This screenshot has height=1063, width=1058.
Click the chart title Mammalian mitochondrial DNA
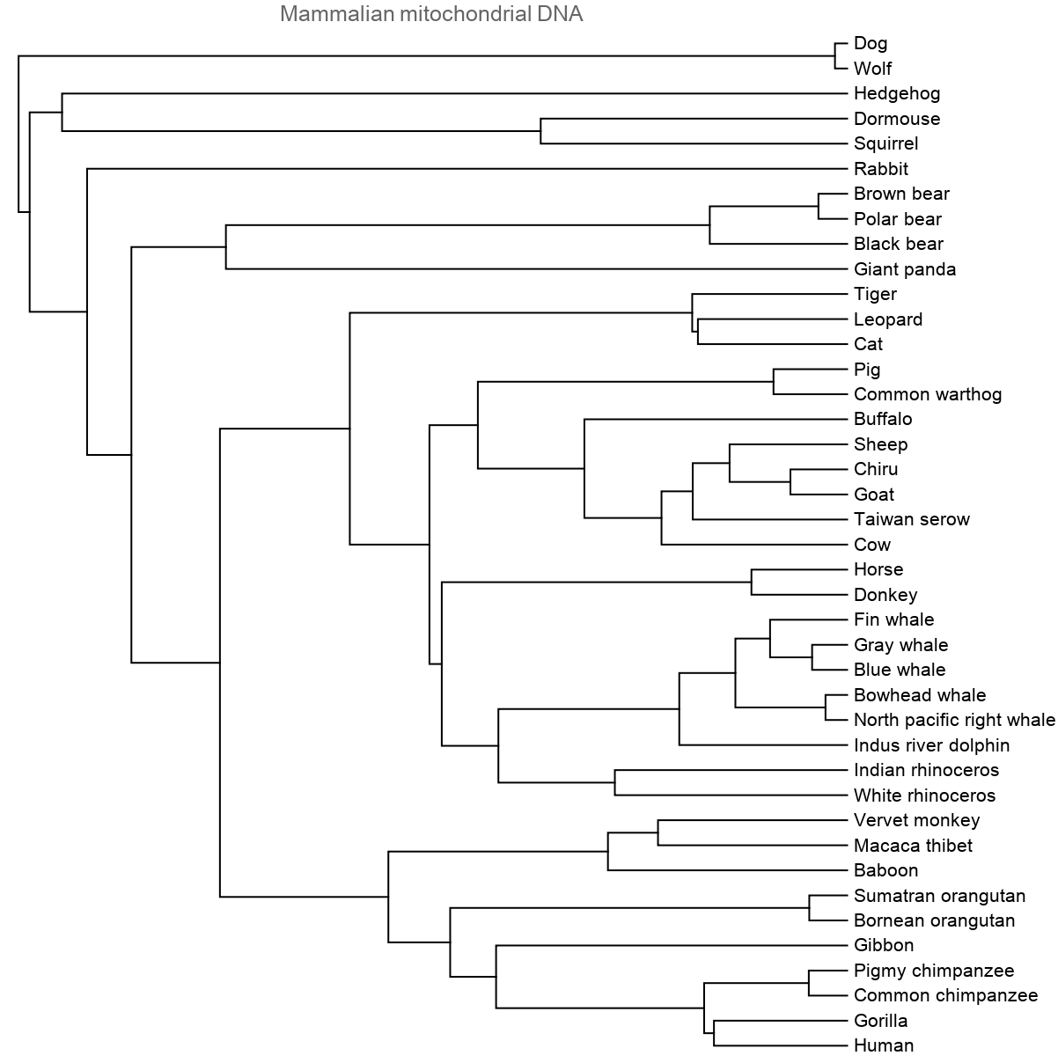point(431,14)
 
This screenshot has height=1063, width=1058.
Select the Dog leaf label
point(871,43)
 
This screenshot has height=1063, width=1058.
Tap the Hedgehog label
point(897,93)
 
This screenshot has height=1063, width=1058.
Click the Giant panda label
point(905,269)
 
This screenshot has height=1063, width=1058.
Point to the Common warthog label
point(928,394)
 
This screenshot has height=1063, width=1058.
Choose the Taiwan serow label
point(912,519)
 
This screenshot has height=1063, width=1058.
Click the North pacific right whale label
point(954,720)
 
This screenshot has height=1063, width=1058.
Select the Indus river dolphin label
point(931,745)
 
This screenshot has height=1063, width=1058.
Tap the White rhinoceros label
point(924,795)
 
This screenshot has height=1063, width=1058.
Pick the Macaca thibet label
point(913,846)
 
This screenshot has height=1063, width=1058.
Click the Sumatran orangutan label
point(939,896)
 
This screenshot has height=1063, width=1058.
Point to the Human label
point(884,1045)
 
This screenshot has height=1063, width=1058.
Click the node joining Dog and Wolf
point(833,55)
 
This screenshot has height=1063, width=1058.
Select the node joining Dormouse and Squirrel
point(540,131)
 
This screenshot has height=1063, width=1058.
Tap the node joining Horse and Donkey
point(752,582)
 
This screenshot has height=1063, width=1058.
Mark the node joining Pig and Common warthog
point(774,382)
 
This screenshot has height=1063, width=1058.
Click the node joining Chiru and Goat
point(790,481)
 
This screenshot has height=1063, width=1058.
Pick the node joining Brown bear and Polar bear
point(819,206)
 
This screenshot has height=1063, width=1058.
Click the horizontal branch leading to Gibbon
point(669,946)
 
